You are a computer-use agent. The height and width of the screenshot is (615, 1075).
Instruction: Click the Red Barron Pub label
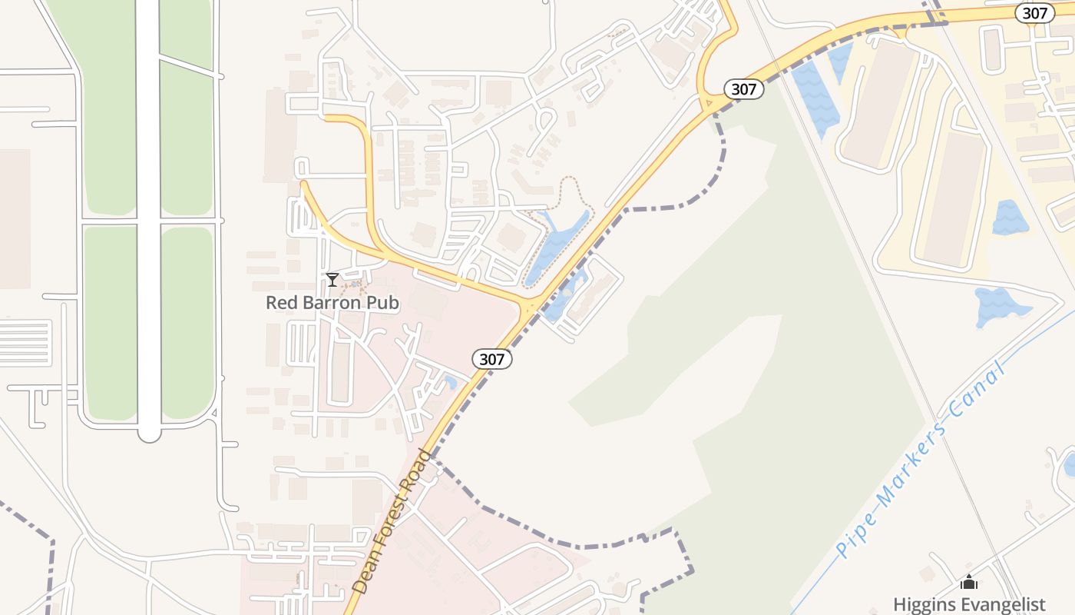(332, 303)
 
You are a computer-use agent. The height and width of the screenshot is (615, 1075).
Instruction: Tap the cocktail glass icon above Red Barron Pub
(332, 280)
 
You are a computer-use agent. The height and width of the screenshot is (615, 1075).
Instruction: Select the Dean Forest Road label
(392, 521)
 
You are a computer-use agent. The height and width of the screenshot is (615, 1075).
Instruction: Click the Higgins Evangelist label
(969, 604)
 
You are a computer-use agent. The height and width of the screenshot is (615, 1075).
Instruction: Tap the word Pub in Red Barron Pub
(384, 303)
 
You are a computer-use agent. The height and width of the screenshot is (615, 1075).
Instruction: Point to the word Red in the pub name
(279, 303)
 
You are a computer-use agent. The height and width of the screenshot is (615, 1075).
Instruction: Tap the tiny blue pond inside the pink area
(451, 382)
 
